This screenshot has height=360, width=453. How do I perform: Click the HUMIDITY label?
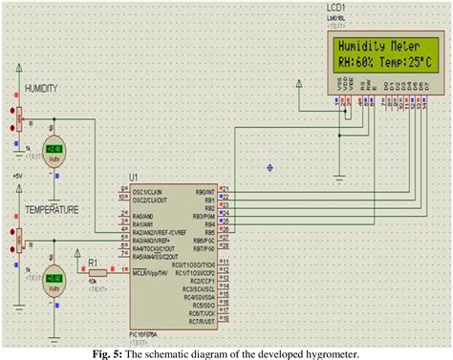pyautogui.click(x=41, y=88)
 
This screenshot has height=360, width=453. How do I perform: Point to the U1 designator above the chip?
pyautogui.click(x=133, y=178)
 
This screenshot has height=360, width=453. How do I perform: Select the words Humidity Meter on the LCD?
pyautogui.click(x=374, y=45)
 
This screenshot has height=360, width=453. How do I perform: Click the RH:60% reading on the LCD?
pyautogui.click(x=354, y=64)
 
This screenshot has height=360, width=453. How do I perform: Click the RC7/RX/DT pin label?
pyautogui.click(x=200, y=322)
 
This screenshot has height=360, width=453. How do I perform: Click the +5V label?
pyautogui.click(x=16, y=177)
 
